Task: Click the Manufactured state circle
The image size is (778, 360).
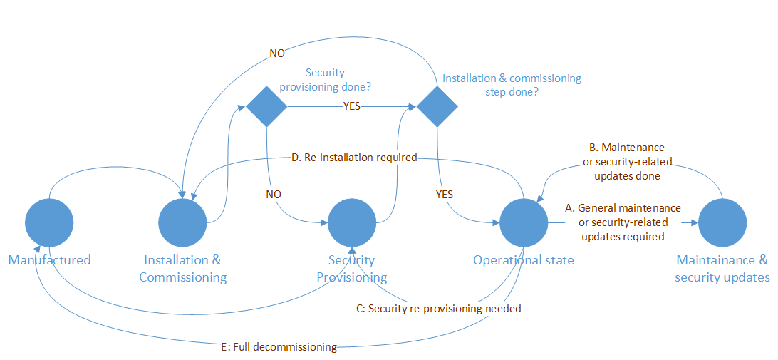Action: pos(49,223)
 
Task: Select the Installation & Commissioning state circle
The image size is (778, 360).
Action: pos(183,223)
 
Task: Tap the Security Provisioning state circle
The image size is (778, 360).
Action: pos(352,223)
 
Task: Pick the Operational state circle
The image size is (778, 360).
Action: pos(524,223)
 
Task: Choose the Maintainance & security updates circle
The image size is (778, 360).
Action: pos(722,223)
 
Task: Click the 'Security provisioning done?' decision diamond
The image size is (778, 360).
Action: pos(266,107)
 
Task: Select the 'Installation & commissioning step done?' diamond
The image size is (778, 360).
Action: pos(437,107)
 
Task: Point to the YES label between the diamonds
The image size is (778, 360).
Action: pos(352,107)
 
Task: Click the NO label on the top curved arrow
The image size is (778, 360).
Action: pos(278,53)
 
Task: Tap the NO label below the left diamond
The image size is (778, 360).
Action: pos(273,194)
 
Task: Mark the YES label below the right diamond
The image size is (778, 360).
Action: pos(443,194)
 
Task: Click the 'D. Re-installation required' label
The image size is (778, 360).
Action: pos(355,157)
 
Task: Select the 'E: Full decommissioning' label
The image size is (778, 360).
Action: pos(279,347)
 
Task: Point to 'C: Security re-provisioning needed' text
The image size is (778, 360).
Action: pos(438,309)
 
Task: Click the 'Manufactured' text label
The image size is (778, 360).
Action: pos(50,260)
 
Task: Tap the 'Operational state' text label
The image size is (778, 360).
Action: pos(524,260)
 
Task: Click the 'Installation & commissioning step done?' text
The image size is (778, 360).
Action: pos(512,85)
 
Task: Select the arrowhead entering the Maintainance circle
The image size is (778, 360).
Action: pos(693,223)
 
